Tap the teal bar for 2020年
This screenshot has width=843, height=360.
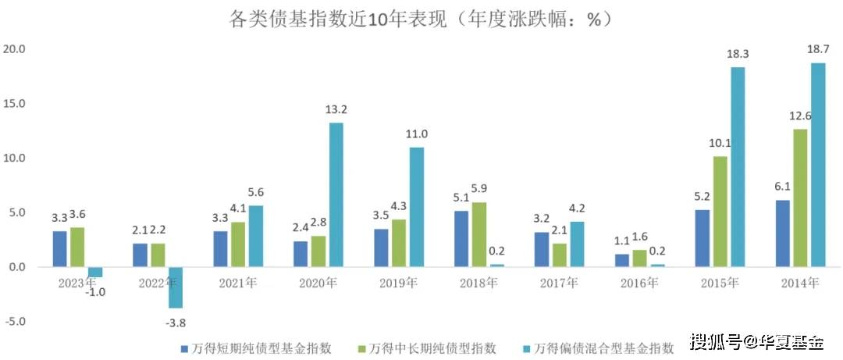336,194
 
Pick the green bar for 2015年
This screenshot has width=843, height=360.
720,212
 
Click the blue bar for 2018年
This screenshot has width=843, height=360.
461,239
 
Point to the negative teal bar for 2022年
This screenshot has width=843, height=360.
176,287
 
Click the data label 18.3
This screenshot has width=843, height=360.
736,54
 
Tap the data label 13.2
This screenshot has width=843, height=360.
336,109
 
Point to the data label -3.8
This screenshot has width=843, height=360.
176,322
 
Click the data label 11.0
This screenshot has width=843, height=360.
417,134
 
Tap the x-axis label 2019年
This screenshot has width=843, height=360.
399,282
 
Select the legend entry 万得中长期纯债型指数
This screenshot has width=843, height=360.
430,348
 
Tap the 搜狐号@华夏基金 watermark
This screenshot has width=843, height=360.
756,342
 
